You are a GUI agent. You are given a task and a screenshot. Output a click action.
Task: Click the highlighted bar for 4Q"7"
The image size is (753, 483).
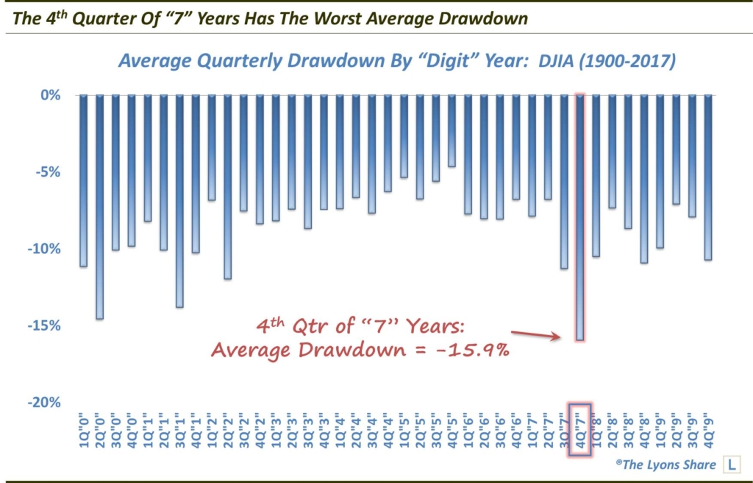pos(579,217)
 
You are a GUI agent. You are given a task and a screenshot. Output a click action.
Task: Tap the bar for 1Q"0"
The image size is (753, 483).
pos(83,180)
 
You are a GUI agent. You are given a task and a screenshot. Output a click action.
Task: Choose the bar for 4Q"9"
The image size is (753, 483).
pos(708,177)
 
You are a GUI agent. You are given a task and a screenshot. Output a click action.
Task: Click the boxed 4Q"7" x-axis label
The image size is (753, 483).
pos(579,429)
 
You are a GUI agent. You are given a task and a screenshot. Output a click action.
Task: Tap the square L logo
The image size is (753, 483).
pos(732,465)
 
